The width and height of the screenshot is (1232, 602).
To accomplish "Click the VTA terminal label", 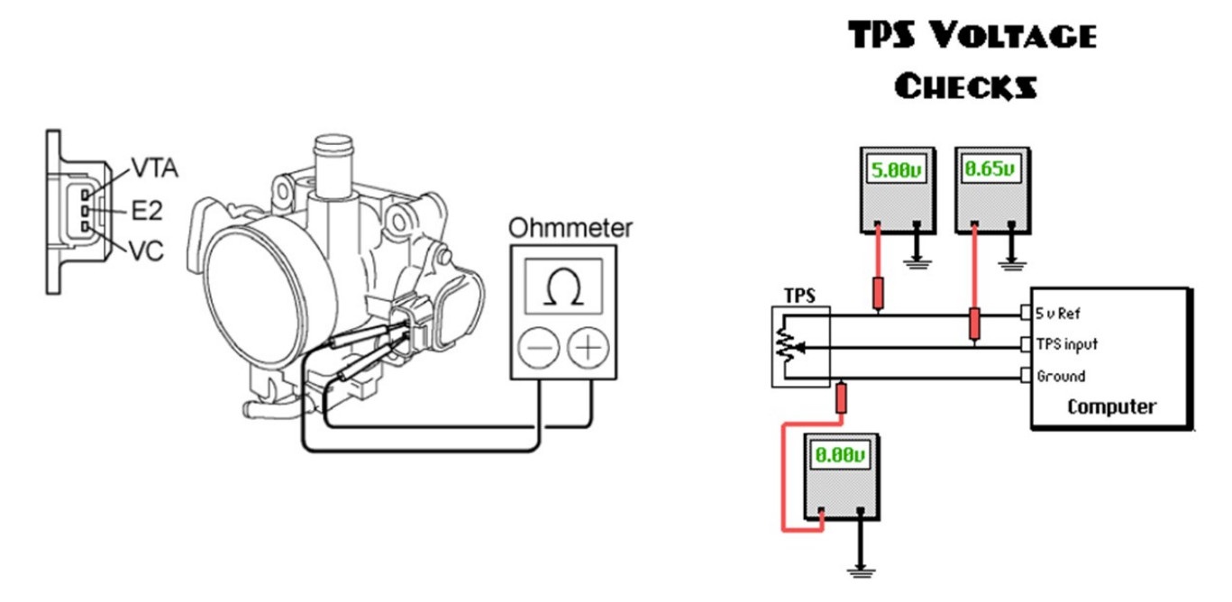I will [x=154, y=168].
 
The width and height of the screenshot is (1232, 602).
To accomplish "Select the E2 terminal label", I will [x=146, y=211].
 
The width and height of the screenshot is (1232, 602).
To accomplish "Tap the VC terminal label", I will [x=146, y=251].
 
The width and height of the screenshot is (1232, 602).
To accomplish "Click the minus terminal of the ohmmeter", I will [x=538, y=348].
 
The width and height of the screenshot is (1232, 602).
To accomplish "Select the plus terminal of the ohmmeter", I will [x=589, y=348].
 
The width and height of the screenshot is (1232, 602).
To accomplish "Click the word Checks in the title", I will [x=964, y=87].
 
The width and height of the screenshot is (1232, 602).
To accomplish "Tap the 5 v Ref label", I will [x=1059, y=315].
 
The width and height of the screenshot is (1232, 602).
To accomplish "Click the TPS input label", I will [x=1068, y=345].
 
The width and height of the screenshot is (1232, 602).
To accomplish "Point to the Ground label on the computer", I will [x=1061, y=376].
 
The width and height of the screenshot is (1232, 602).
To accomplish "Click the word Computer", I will [x=1111, y=406].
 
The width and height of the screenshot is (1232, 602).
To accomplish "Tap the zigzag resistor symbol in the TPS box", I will [x=788, y=345].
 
